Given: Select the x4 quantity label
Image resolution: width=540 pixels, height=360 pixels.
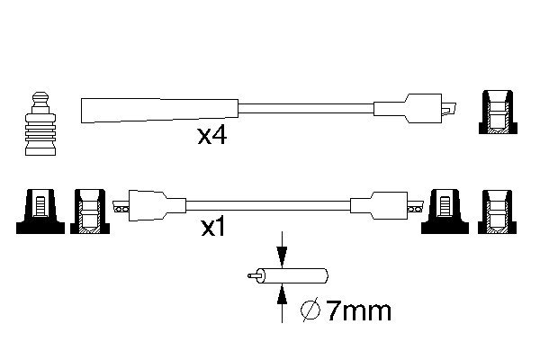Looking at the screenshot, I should [213, 137].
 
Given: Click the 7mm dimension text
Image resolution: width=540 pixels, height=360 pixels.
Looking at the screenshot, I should [357, 312].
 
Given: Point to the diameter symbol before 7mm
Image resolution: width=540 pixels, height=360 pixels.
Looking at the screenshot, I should [308, 312].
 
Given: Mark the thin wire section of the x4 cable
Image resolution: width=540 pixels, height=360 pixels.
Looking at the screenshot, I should [306, 109].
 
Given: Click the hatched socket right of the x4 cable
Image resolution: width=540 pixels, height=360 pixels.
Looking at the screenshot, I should [497, 112].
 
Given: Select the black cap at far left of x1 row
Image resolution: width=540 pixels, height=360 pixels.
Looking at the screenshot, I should [38, 209].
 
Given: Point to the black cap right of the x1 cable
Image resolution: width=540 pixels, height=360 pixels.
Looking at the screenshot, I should [445, 209].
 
